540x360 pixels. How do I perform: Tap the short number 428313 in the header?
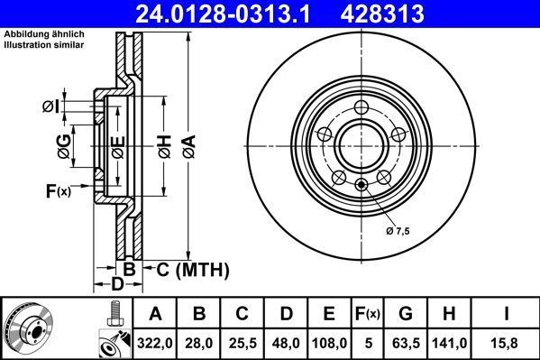pos(417,14)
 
